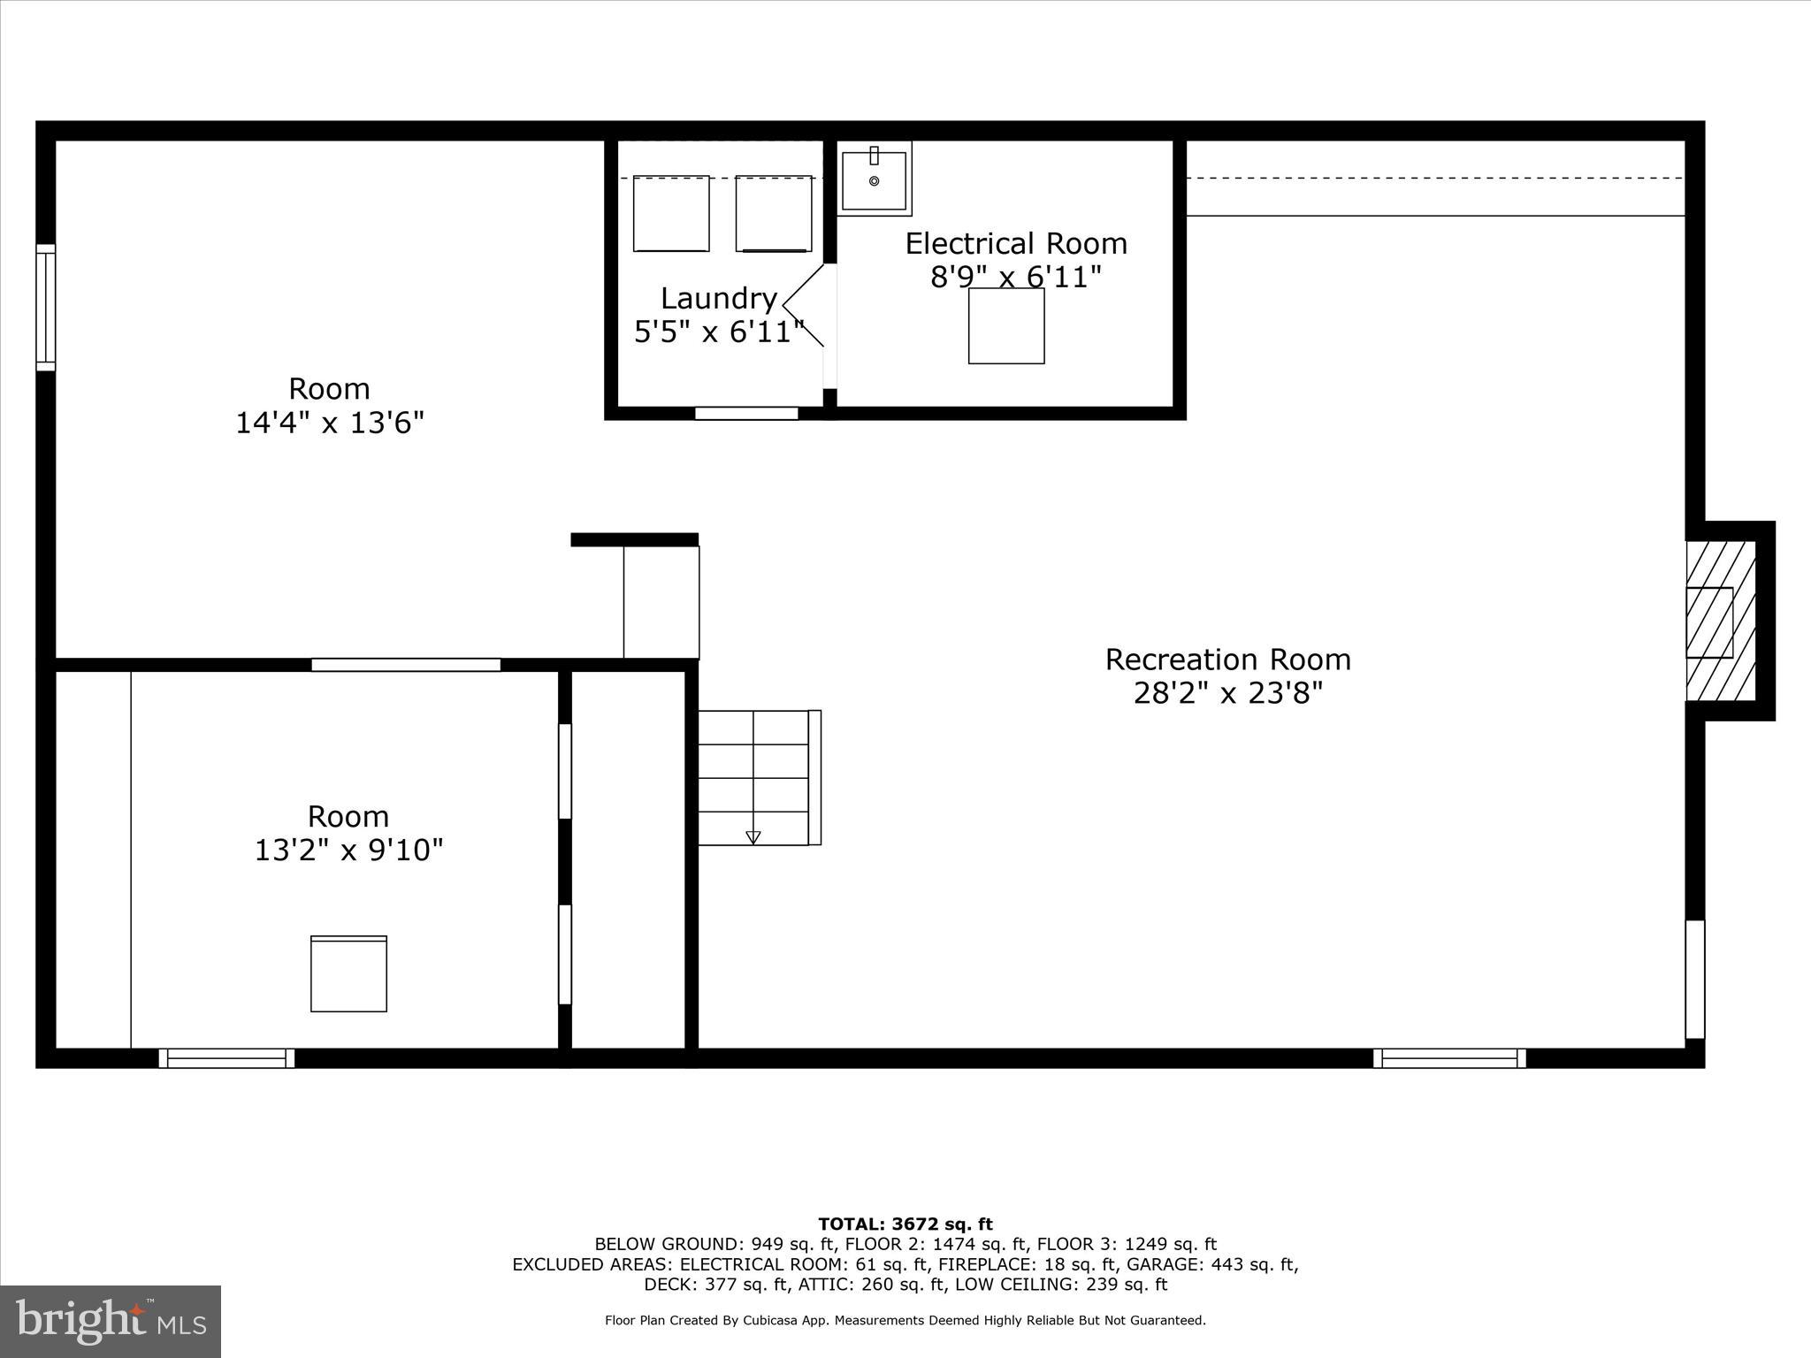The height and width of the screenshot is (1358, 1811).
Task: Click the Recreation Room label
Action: [x=1227, y=660]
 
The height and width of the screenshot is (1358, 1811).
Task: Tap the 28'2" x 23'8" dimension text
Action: [x=1227, y=693]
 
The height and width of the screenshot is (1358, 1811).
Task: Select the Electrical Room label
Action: [x=1016, y=244]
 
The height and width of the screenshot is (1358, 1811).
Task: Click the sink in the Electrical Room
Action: [x=874, y=180]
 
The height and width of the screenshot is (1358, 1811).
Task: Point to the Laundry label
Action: [x=718, y=299]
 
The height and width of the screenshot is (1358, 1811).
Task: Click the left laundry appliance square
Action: [x=671, y=213]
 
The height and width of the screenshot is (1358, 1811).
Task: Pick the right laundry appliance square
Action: [x=774, y=213]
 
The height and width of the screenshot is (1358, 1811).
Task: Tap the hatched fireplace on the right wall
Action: [x=1719, y=621]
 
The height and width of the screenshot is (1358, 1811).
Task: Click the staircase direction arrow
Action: [x=753, y=836]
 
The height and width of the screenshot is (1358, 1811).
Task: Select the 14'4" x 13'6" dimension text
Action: [x=329, y=423]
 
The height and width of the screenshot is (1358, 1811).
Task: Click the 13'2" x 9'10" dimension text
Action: [x=348, y=851]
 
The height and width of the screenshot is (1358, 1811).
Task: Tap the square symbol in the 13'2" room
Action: [x=348, y=973]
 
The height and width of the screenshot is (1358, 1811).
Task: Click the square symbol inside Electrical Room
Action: [x=1006, y=325]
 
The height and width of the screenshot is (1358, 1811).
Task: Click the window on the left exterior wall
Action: [x=45, y=307]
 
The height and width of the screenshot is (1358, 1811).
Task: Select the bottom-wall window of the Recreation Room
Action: [x=1448, y=1058]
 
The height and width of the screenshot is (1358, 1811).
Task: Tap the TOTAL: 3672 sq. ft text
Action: [x=905, y=1224]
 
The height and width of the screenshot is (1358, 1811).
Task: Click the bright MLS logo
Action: [x=111, y=1321]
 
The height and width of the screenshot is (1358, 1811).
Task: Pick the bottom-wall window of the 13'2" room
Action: [x=226, y=1058]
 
